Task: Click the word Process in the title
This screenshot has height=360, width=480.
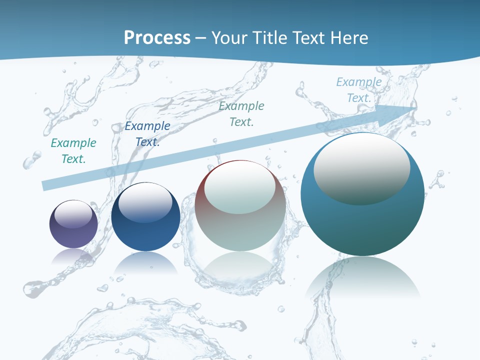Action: (x=157, y=38)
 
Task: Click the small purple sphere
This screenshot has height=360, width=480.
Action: (x=73, y=224)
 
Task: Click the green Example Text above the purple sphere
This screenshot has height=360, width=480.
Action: (x=73, y=150)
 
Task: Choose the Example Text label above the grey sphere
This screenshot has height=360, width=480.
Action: (x=241, y=113)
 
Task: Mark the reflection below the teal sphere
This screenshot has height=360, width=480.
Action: (x=362, y=280)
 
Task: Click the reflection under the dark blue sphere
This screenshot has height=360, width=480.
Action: (x=145, y=263)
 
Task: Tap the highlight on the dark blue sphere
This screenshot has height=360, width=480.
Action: (x=145, y=202)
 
